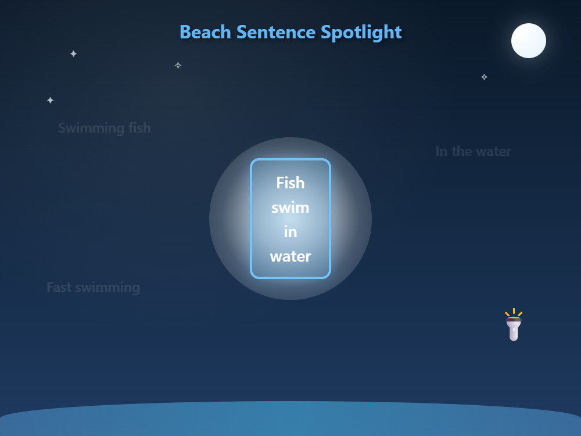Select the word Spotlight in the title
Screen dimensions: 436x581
coord(361,32)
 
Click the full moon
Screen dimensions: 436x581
coord(529,41)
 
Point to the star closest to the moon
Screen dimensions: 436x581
coord(484,77)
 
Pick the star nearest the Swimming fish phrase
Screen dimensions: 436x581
coord(51,100)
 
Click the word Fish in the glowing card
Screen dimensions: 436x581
coord(290,183)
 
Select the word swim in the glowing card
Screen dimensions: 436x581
coord(290,208)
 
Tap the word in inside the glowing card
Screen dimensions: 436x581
coord(290,232)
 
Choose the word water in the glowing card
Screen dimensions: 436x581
coord(290,256)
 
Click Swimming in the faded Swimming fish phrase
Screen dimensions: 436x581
coord(91,128)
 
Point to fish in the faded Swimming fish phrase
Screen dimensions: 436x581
coord(139,128)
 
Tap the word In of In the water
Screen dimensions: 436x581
coord(442,151)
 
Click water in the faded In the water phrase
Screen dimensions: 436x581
coord(493,151)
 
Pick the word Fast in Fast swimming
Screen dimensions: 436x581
coord(59,287)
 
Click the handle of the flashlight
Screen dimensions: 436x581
coord(514,333)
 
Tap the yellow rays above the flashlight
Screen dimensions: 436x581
coord(514,313)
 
